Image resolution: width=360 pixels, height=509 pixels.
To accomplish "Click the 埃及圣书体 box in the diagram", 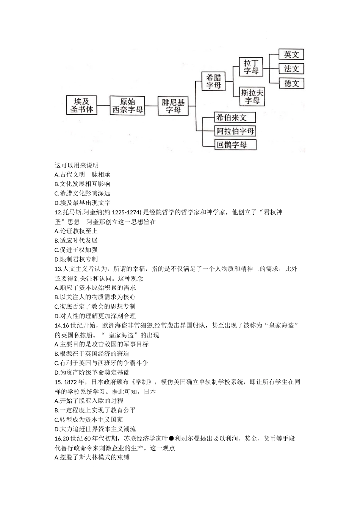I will (x=81, y=106).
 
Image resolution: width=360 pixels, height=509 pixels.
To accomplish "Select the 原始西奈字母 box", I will (x=128, y=106).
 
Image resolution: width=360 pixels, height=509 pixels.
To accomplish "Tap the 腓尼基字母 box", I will (x=173, y=106).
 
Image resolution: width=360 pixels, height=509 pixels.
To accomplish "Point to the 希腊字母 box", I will (x=214, y=81).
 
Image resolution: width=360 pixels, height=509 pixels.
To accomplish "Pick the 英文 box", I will (x=291, y=54).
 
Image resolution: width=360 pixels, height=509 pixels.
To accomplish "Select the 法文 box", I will (x=291, y=69).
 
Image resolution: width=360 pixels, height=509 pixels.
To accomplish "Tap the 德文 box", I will (x=291, y=83).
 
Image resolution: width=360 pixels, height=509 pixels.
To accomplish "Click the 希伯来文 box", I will (x=235, y=117).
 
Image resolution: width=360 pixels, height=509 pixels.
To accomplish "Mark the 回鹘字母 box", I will (x=235, y=145).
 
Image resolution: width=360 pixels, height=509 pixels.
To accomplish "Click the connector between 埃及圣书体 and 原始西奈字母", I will (x=103, y=106).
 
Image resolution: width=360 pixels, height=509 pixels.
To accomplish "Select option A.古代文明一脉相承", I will (x=82, y=175).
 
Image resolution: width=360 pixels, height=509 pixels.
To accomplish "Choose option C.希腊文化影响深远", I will (x=82, y=194).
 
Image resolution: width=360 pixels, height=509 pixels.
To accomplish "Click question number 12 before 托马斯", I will (x=58, y=212).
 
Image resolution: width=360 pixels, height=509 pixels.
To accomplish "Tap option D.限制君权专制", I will (x=76, y=259).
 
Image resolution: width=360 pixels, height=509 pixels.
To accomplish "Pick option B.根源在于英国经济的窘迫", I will (x=92, y=354).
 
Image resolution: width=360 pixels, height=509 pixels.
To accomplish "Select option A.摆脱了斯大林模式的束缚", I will (x=92, y=457).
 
